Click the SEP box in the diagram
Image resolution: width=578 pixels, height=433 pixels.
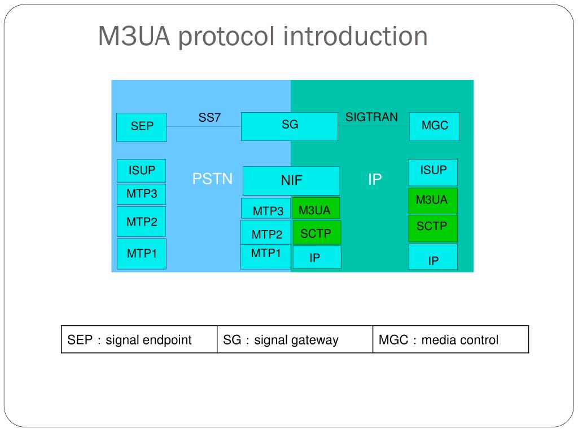(x=142, y=127)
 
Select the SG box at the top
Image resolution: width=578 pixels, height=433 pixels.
(x=289, y=126)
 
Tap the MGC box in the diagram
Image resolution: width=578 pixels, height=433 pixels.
(x=434, y=126)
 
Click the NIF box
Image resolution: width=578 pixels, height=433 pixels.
(x=291, y=181)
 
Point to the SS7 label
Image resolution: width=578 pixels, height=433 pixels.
(x=209, y=118)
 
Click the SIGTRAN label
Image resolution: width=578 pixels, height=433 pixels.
(x=371, y=117)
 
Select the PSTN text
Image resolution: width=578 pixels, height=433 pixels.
(x=212, y=179)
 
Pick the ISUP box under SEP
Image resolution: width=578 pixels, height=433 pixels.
(x=142, y=171)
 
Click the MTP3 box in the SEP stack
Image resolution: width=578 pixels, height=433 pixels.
(x=142, y=194)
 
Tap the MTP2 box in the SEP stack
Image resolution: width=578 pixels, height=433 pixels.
(x=142, y=222)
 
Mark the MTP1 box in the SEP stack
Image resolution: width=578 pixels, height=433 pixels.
(x=142, y=254)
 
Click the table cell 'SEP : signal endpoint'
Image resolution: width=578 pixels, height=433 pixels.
(x=139, y=340)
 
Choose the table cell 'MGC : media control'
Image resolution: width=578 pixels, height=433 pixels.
(x=450, y=340)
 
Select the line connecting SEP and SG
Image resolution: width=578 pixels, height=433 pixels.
(x=204, y=127)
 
